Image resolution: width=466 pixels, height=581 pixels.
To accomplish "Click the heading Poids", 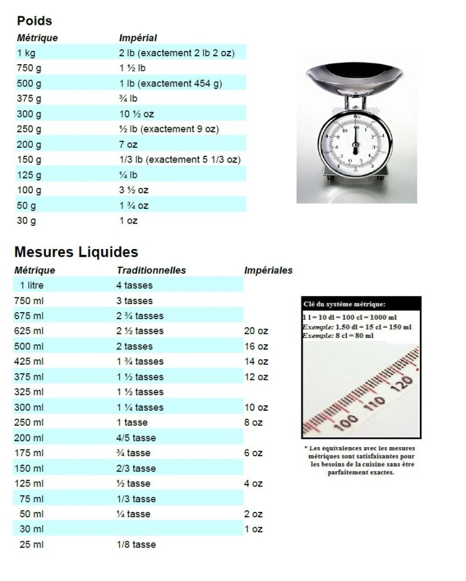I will pos(35,21).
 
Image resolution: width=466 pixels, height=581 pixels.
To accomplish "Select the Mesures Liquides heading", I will pos(76,252).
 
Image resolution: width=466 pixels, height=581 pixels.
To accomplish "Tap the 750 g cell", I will pos(29,68).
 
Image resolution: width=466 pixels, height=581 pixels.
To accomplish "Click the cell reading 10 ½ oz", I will pos(137,114).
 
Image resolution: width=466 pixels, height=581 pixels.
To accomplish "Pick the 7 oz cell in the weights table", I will pos(128,145).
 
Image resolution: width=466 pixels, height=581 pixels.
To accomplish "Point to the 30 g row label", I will pos(26,221).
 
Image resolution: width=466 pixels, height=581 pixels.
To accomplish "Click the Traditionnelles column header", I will pos(151,270).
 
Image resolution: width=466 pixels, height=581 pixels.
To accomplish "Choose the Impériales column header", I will pos(268,270).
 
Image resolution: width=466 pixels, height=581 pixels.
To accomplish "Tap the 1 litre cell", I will pos(32,285).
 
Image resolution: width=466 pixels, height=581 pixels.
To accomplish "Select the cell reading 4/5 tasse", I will pos(136,438).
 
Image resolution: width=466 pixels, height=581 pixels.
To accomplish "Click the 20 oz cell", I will pos(256,331).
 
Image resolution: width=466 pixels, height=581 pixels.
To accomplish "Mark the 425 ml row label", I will pos(29,362).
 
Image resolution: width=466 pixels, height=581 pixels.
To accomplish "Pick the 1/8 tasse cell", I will pos(136,545).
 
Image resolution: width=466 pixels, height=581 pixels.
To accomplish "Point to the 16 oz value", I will pos(256,347).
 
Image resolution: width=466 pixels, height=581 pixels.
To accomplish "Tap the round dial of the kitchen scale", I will pos(356,144).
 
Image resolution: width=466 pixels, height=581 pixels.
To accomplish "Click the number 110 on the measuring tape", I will pos(374,402).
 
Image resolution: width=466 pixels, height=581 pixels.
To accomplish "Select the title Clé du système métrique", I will pos(344,304).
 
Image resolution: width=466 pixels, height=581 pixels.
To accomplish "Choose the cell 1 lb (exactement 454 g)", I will pos(171,84).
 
